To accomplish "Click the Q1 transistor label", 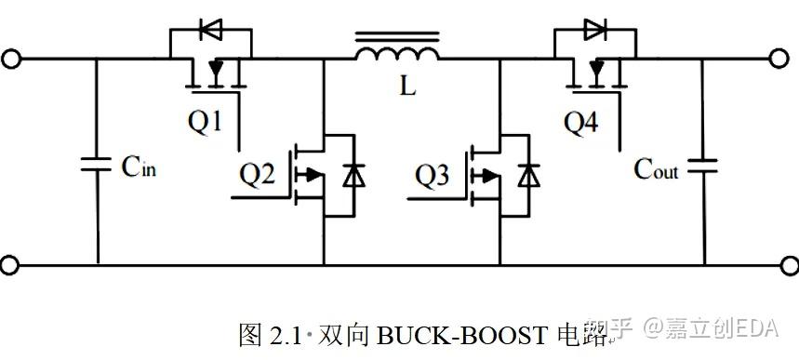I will (x=206, y=121).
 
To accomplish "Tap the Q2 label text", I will (x=258, y=173).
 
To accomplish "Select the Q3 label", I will (x=434, y=173).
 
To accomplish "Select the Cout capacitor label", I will (x=657, y=169).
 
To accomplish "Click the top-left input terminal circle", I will (x=10, y=60).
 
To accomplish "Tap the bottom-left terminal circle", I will (x=10, y=265).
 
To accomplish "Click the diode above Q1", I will (x=211, y=30).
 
